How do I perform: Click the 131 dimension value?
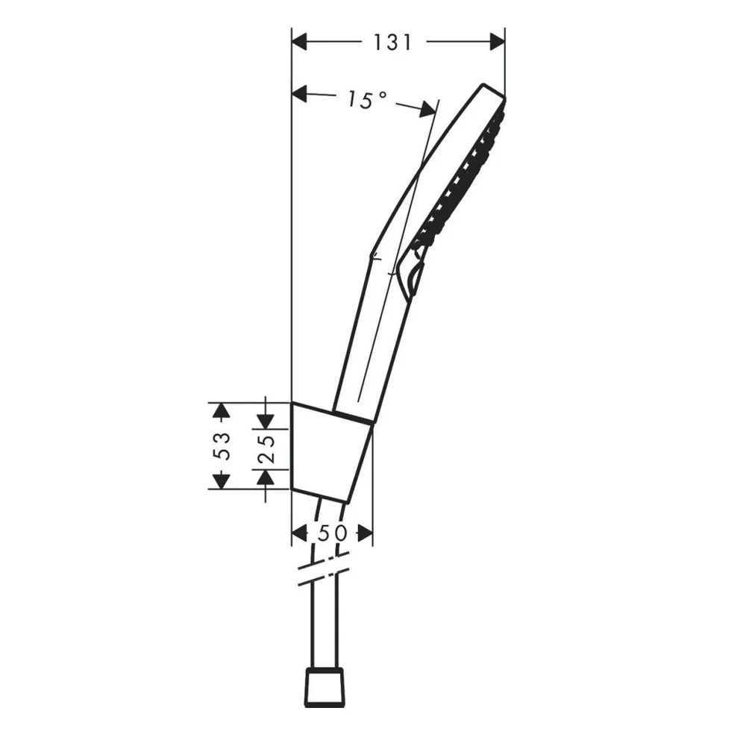[x=392, y=43]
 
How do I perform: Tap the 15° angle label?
[x=366, y=99]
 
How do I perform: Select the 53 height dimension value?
[x=222, y=445]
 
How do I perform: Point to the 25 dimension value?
[x=266, y=448]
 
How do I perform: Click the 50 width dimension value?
[x=332, y=533]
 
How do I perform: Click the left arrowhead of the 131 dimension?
[x=300, y=43]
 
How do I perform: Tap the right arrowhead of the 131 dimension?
[x=497, y=43]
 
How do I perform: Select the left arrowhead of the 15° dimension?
[x=300, y=93]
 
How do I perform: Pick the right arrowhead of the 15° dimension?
[x=427, y=110]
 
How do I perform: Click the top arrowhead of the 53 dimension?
[x=219, y=410]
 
